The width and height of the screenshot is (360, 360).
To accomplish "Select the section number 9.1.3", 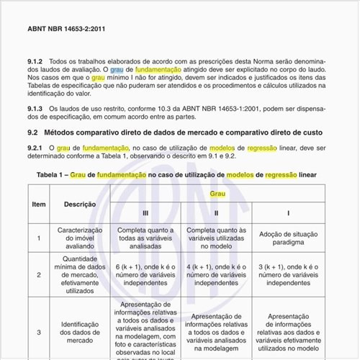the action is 36,108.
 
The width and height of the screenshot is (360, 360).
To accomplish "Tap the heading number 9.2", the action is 32,132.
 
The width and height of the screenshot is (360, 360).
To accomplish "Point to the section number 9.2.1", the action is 36,148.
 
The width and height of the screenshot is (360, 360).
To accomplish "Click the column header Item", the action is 39,204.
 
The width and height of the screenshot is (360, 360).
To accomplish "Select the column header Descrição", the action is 80,204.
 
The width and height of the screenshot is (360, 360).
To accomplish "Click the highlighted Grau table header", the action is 217,194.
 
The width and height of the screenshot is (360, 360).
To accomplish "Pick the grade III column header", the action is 145,214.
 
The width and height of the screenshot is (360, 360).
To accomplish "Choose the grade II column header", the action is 217,214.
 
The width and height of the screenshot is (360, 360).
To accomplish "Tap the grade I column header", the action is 289,214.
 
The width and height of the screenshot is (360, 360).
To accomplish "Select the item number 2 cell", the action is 39,274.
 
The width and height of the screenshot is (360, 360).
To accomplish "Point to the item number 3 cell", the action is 39,332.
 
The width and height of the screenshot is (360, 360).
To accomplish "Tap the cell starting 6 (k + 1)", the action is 145,274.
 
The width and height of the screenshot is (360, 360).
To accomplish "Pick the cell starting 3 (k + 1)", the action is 289,274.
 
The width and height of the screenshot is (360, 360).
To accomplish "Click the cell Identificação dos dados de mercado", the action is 80,332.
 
